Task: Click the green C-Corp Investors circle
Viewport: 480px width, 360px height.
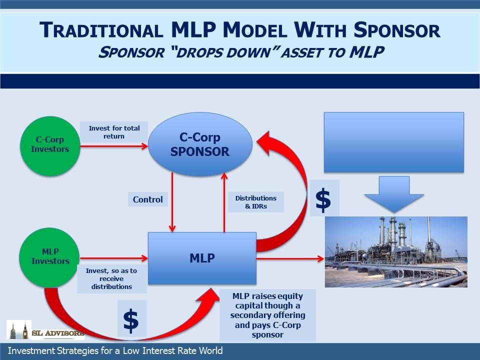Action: click(50, 146)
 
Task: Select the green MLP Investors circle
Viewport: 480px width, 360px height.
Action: click(49, 258)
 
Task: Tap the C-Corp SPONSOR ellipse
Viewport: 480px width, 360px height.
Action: click(200, 144)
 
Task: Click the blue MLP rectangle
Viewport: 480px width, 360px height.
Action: click(202, 258)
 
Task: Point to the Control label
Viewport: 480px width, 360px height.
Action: click(148, 199)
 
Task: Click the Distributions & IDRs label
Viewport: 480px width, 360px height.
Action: click(256, 202)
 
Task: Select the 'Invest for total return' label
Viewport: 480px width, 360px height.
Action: click(114, 132)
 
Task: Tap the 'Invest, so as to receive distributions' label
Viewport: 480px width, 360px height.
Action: click(111, 278)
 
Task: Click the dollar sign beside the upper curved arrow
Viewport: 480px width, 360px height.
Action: click(323, 200)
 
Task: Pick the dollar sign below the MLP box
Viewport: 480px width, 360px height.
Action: click(131, 320)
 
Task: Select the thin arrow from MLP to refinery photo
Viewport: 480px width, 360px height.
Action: click(290, 258)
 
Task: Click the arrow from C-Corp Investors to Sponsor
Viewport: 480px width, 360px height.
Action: click(114, 146)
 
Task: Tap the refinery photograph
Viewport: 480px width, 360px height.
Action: click(396, 252)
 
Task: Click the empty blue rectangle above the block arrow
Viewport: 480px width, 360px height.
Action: click(394, 142)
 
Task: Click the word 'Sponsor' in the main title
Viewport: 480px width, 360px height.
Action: click(397, 30)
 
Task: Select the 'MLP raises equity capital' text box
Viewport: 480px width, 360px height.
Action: click(267, 315)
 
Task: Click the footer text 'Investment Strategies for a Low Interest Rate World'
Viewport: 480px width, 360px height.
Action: click(115, 351)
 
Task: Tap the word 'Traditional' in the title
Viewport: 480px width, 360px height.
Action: click(101, 30)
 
